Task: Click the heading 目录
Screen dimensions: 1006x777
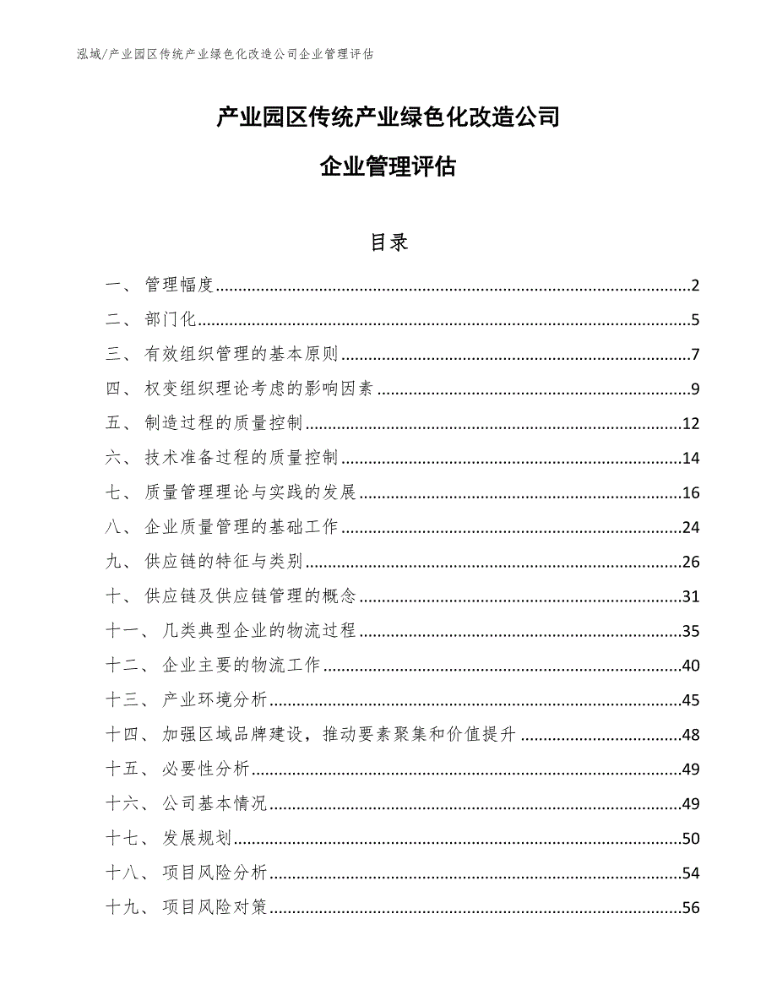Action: click(388, 242)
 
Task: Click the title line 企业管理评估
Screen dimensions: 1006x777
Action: click(388, 167)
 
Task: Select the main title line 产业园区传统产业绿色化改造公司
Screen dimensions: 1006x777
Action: click(388, 117)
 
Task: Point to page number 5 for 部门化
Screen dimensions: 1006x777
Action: click(695, 320)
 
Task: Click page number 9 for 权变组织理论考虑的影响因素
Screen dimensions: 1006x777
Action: click(695, 389)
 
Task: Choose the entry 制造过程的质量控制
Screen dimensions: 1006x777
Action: click(224, 424)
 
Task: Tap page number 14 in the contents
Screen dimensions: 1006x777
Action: click(691, 459)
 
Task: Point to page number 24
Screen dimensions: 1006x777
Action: click(691, 528)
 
